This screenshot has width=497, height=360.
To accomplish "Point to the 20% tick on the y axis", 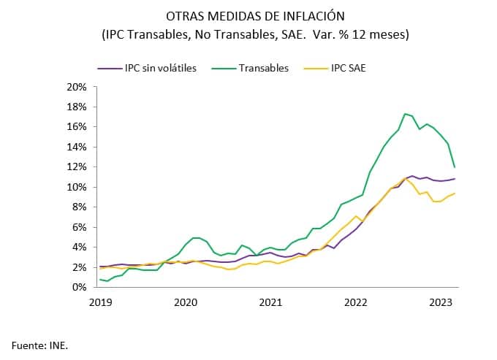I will pyautogui.click(x=76, y=86).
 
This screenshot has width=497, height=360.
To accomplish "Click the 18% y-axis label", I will pyautogui.click(x=76, y=107).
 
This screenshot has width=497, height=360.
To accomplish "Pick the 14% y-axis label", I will pyautogui.click(x=76, y=147).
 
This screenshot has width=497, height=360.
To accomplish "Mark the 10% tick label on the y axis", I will pyautogui.click(x=76, y=187).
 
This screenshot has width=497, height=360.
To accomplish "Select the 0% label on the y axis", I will pyautogui.click(x=78, y=288).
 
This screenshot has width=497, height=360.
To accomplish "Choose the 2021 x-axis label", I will pyautogui.click(x=270, y=302).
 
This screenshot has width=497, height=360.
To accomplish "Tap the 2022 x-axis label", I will pyautogui.click(x=356, y=302).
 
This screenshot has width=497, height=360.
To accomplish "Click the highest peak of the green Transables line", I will pyautogui.click(x=405, y=113).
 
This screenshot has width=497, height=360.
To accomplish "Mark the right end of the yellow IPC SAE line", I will pyautogui.click(x=455, y=194).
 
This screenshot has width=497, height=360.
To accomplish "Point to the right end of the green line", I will pyautogui.click(x=455, y=167).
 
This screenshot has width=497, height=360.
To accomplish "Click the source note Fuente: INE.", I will pyautogui.click(x=39, y=343).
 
